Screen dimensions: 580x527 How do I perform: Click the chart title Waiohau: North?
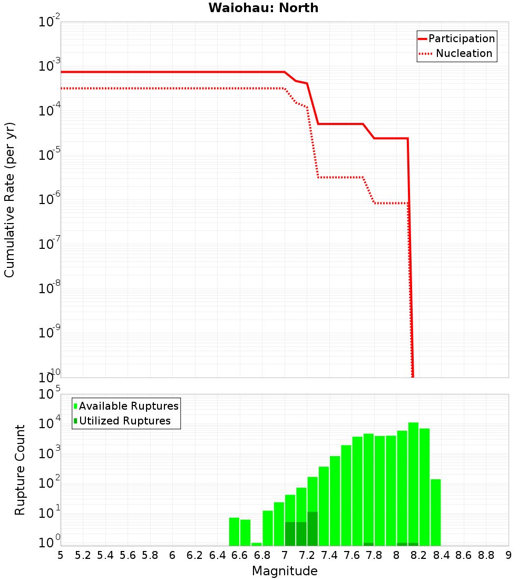click(x=263, y=8)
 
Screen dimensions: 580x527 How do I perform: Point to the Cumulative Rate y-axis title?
click(x=9, y=200)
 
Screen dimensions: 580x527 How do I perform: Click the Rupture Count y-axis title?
click(x=20, y=470)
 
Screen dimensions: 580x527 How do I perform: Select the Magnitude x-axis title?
click(x=285, y=571)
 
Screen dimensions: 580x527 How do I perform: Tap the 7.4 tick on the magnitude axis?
click(x=329, y=555)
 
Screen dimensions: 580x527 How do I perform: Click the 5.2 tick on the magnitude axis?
click(x=83, y=555)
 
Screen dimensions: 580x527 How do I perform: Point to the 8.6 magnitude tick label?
click(x=464, y=555)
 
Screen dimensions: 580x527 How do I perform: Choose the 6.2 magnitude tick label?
click(x=195, y=555)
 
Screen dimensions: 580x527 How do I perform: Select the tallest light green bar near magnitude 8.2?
click(x=413, y=482)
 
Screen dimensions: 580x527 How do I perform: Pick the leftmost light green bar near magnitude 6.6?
click(x=235, y=531)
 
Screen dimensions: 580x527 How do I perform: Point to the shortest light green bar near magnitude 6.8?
click(x=257, y=544)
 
